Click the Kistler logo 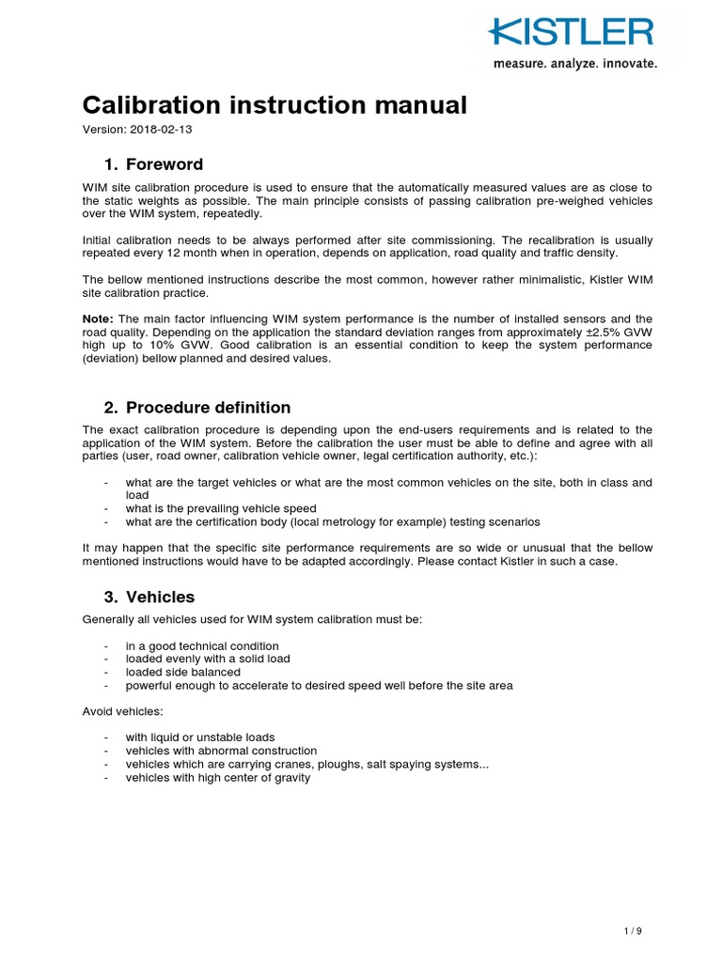click(x=571, y=33)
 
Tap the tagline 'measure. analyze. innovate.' click(x=575, y=64)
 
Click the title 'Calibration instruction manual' click(x=275, y=105)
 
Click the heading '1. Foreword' click(x=153, y=165)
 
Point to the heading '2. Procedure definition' click(x=197, y=408)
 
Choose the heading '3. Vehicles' click(x=149, y=597)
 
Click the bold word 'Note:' click(x=98, y=318)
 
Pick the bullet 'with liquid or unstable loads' click(x=200, y=737)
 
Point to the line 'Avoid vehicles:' click(x=122, y=711)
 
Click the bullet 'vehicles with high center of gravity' click(x=218, y=778)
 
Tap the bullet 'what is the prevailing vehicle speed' click(x=221, y=508)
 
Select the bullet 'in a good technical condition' click(x=202, y=645)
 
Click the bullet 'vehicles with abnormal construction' click(x=222, y=751)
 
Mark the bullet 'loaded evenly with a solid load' click(x=208, y=659)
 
